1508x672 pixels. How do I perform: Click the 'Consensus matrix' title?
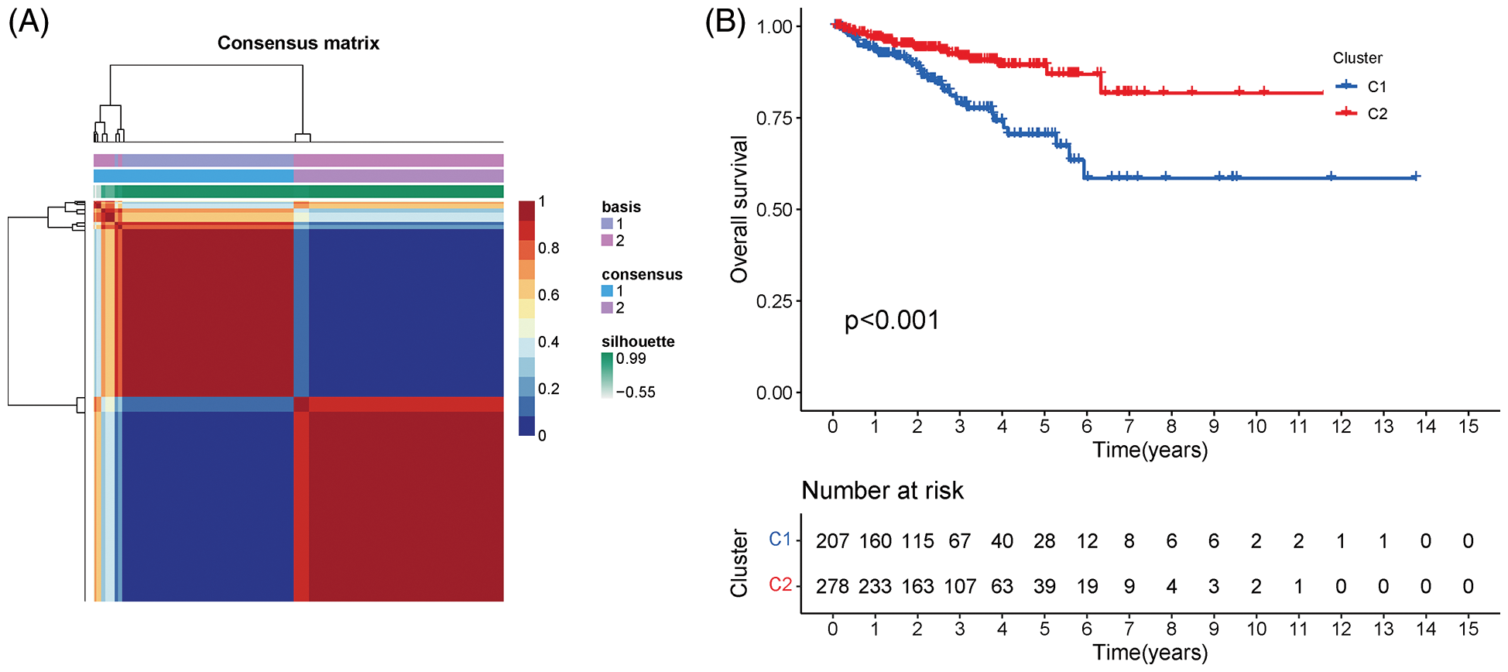pos(298,43)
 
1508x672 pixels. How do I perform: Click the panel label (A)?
pos(29,22)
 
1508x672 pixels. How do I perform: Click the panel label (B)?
pos(725,22)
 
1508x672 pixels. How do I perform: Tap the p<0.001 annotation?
pos(892,321)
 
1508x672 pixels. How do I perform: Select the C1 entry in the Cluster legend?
pos(1376,87)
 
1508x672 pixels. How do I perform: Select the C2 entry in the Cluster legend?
pos(1376,114)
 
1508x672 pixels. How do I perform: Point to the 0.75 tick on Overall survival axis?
pos(774,118)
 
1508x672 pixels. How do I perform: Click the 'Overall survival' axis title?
pos(740,209)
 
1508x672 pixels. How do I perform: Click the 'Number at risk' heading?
pos(883,490)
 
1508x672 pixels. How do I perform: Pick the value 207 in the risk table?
pos(832,541)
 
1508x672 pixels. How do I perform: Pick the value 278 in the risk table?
pos(832,586)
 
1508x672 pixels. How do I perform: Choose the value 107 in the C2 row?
pos(960,586)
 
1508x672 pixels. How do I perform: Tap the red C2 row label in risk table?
pos(780,585)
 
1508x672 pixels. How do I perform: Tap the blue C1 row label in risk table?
pos(780,540)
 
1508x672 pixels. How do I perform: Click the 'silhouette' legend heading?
pos(638,341)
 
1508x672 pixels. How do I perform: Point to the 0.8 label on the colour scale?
pos(549,248)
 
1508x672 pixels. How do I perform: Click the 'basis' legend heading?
pos(621,207)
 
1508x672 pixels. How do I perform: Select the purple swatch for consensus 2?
pos(607,308)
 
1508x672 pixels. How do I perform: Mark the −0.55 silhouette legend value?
pos(636,392)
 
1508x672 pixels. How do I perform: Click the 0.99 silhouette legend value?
pos(631,358)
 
